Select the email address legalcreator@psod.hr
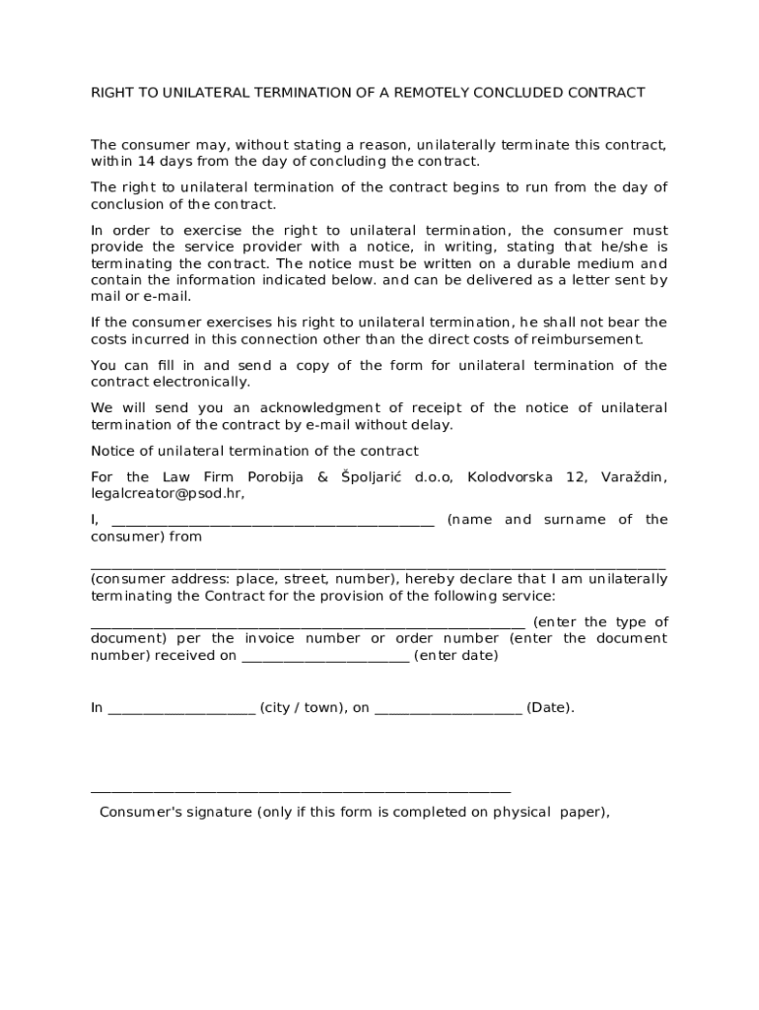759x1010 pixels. [167, 494]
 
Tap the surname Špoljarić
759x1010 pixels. [372, 477]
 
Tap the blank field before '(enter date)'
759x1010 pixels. [325, 658]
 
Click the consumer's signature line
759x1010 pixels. [301, 791]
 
